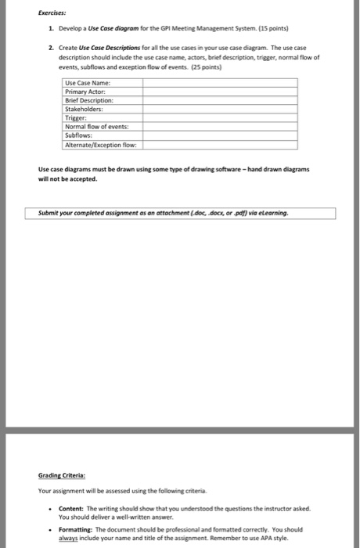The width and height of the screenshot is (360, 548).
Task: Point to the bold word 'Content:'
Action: (x=73, y=508)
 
